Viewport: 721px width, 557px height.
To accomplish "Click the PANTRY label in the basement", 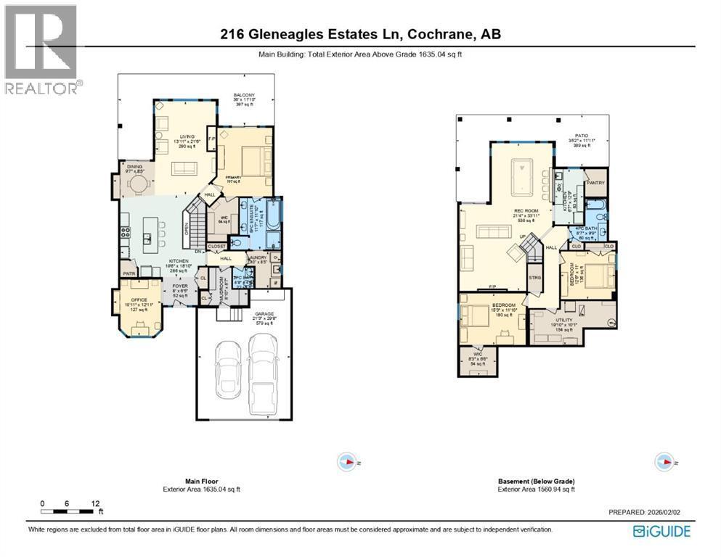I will click(x=595, y=183).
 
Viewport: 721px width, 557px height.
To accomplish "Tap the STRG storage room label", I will click(x=535, y=277).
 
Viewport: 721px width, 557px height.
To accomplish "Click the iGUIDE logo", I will click(x=661, y=532).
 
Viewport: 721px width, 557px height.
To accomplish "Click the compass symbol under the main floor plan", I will click(x=347, y=461).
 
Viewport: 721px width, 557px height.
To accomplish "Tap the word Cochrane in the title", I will click(x=436, y=34).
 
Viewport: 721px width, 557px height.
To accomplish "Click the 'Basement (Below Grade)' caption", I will click(x=536, y=481).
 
